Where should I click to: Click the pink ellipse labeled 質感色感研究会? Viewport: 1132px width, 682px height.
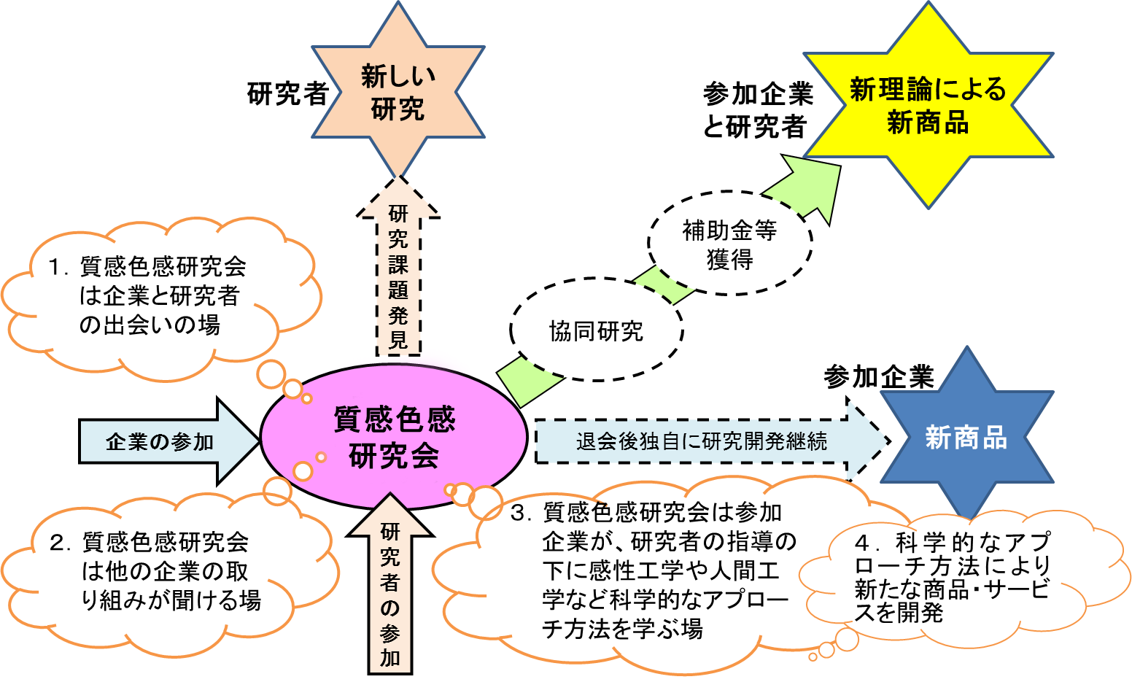pos(394,436)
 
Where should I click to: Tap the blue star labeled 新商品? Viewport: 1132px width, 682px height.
pos(966,436)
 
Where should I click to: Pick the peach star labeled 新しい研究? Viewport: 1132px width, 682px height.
pos(398,91)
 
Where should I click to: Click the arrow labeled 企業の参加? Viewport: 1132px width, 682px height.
pos(169,441)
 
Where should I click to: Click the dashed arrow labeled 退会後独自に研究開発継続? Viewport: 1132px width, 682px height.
pos(713,441)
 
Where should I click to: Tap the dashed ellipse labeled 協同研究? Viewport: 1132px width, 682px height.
pos(597,330)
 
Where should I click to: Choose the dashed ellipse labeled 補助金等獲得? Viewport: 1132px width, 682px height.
pos(729,243)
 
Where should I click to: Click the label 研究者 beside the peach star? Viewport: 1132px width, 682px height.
pos(287,94)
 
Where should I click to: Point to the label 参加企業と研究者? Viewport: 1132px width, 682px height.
pos(757,110)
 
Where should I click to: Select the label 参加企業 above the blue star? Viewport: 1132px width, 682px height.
pos(879,377)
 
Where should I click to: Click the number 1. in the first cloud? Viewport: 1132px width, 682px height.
pos(58,267)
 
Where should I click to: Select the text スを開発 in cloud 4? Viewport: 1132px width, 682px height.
pos(899,612)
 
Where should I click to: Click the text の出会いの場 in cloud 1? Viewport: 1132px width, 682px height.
pos(150,325)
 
